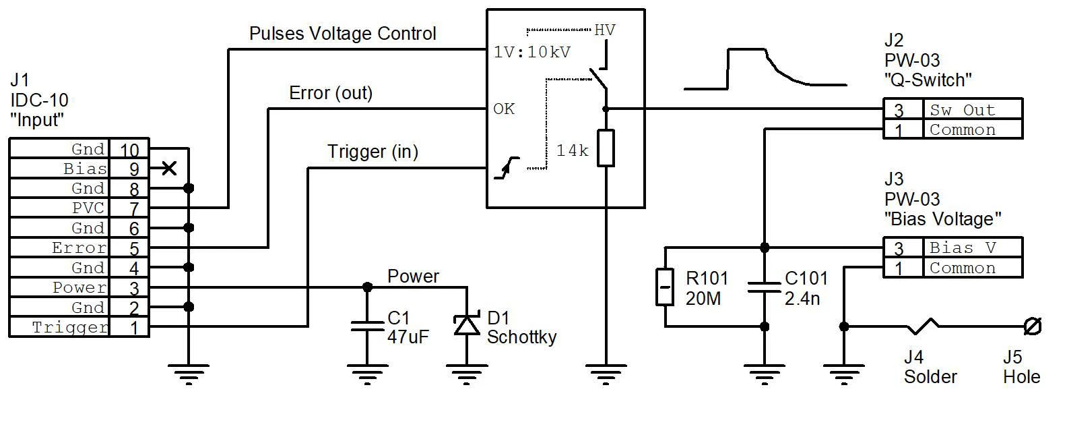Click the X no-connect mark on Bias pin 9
pyautogui.click(x=169, y=169)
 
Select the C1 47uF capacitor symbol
pyautogui.click(x=366, y=326)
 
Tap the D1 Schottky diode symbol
pyautogui.click(x=467, y=324)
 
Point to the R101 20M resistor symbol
pyautogui.click(x=664, y=287)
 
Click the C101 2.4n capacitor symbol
pyautogui.click(x=764, y=287)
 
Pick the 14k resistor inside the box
pyautogui.click(x=606, y=148)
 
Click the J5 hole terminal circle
pyautogui.click(x=1033, y=326)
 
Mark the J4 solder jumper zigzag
pyautogui.click(x=922, y=326)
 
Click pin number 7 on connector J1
pyautogui.click(x=134, y=208)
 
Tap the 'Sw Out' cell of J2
pyautogui.click(x=972, y=109)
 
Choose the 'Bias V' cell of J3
pyautogui.click(x=972, y=248)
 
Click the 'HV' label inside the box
pyautogui.click(x=604, y=30)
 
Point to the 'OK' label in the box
pyautogui.click(x=504, y=109)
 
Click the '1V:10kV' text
pyautogui.click(x=531, y=52)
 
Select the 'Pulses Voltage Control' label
pyautogui.click(x=342, y=33)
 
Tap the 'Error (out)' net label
pyautogui.click(x=331, y=92)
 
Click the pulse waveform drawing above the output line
pyautogui.click(x=765, y=69)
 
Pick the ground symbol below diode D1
pyautogui.click(x=467, y=374)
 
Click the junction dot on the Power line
pyautogui.click(x=367, y=287)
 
